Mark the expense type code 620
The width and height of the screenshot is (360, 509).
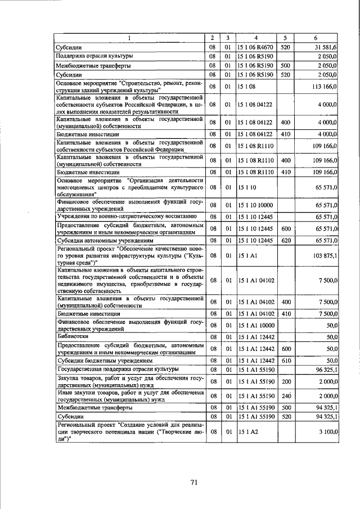tap(285, 240)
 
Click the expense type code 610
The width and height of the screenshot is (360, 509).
tap(285, 360)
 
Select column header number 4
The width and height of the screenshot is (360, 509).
tap(254, 38)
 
